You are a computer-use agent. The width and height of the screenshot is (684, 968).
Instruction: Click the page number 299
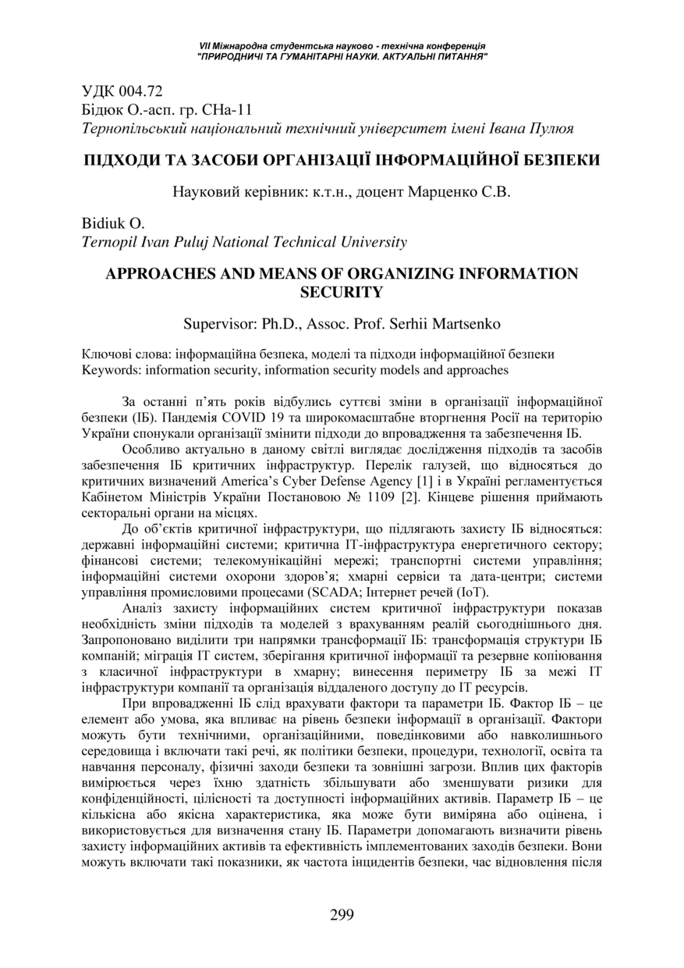click(x=342, y=915)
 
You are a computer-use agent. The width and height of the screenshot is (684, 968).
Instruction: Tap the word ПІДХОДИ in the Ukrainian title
click(x=126, y=161)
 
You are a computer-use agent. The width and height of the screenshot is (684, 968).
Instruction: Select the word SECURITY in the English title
click(x=342, y=292)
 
